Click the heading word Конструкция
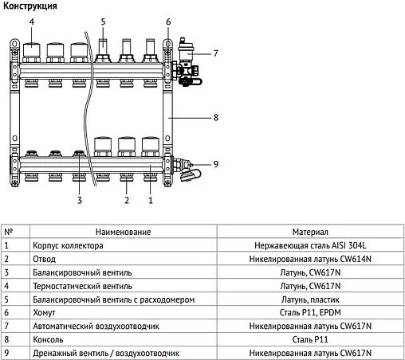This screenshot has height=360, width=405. coord(30,6)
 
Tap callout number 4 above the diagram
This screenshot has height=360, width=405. coord(32,22)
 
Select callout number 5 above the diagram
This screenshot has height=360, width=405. coord(103,22)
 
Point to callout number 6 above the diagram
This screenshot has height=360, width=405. coord(168,22)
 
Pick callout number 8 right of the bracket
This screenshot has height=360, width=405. coord(215,118)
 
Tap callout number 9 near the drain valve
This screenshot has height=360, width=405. coord(214,165)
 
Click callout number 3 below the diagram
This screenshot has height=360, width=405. coord(80,201)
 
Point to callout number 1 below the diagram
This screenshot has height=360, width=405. coord(150,201)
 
